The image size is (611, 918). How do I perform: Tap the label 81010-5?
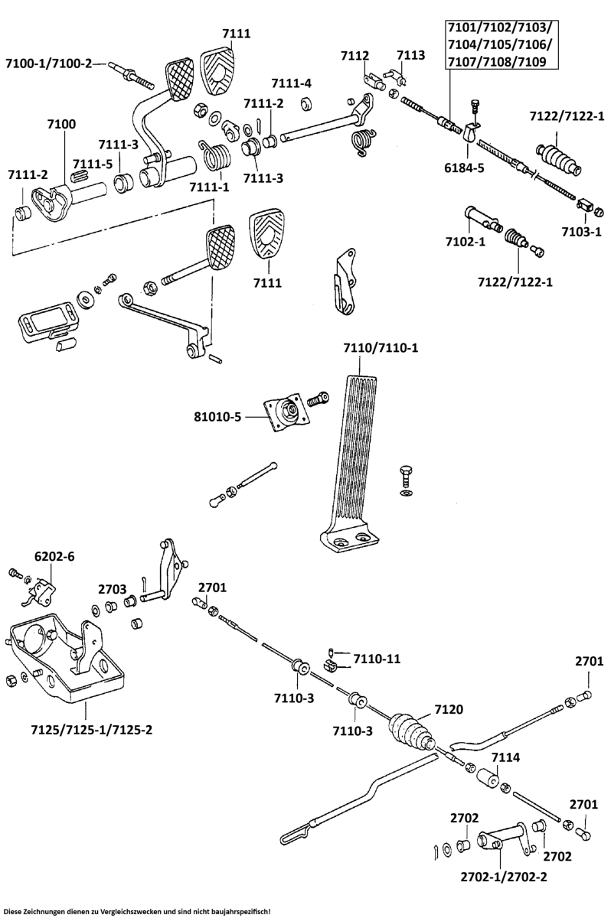tap(217, 417)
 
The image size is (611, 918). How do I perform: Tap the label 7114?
tap(505, 757)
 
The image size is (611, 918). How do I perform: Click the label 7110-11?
tap(377, 658)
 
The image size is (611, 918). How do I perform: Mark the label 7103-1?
tap(580, 231)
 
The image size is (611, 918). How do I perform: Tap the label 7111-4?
tap(291, 83)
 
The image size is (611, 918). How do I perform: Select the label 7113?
tap(410, 55)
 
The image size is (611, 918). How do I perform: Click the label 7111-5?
tap(92, 164)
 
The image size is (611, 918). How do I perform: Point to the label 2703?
tap(112, 589)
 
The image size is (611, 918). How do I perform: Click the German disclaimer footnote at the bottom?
tap(138, 912)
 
